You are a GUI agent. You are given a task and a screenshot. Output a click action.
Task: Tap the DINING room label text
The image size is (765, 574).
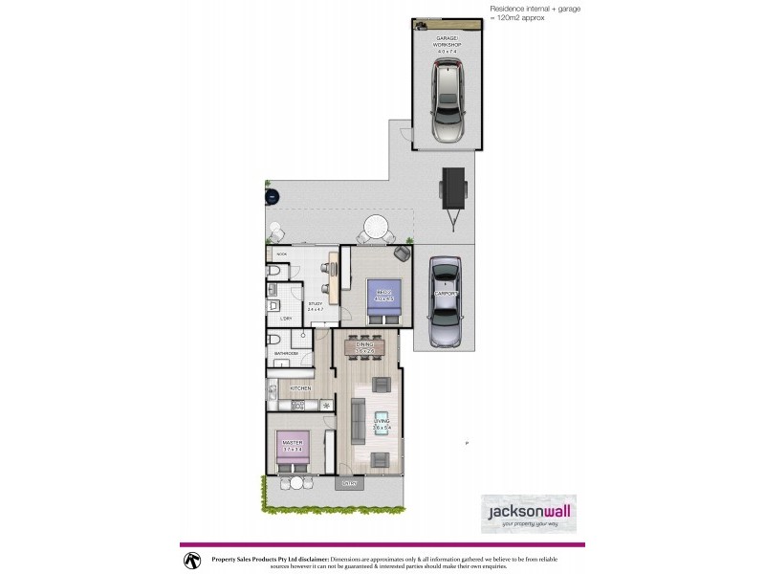[x=363, y=347]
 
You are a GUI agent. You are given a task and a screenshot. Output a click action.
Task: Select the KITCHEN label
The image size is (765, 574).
[x=300, y=388]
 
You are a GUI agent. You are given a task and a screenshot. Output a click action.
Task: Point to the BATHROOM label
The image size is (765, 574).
[x=287, y=354]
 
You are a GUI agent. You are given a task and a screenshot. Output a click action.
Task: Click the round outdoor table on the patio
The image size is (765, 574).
[x=374, y=228]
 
